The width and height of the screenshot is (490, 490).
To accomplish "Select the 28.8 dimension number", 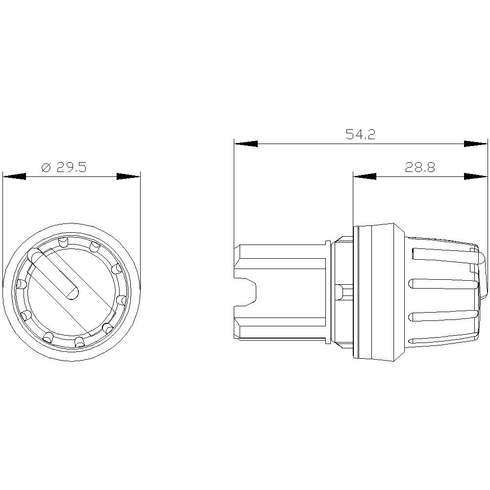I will click(x=420, y=168).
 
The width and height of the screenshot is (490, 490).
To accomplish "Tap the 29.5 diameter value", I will click(x=71, y=168).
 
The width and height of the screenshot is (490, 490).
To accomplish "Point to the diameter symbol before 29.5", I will click(x=46, y=168).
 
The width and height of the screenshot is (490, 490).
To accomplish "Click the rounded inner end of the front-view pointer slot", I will click(x=72, y=293).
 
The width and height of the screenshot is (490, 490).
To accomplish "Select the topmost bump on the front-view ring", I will click(x=62, y=242).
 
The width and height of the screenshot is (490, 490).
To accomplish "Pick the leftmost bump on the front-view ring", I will click(x=21, y=285).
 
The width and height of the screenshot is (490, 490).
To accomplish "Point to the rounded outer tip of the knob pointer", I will click(x=33, y=254).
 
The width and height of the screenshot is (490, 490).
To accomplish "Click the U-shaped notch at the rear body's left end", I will click(x=246, y=292).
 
